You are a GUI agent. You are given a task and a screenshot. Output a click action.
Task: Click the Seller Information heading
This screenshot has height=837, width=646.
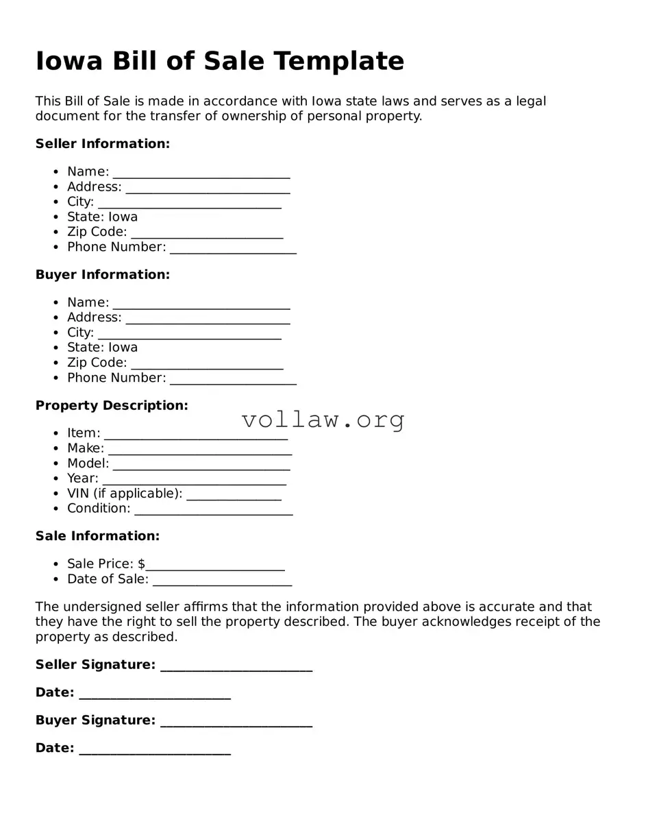point(103,144)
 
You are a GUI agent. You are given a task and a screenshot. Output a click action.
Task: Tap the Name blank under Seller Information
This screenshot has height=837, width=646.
point(201,173)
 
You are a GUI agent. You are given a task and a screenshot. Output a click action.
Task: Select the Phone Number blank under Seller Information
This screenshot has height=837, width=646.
point(233,248)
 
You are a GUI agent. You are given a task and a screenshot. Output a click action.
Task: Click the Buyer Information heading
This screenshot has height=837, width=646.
point(103,275)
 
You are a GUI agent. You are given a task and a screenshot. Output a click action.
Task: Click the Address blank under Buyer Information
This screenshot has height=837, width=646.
point(208,319)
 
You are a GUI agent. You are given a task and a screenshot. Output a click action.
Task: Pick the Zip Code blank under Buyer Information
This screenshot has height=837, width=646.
point(207,364)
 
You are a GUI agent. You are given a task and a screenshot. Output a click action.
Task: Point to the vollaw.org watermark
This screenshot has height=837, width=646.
point(323,419)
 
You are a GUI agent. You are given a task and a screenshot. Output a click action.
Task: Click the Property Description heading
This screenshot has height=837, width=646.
point(112,406)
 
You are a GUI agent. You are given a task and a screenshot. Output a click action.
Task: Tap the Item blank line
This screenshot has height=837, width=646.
point(196,435)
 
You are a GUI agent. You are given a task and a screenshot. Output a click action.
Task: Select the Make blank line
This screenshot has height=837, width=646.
point(200,450)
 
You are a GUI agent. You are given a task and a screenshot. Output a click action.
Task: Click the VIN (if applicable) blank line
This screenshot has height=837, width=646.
point(234,495)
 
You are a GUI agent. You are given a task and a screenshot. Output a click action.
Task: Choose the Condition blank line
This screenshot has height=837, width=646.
point(214,510)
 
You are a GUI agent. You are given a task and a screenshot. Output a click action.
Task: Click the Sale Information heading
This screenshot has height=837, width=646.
point(97,536)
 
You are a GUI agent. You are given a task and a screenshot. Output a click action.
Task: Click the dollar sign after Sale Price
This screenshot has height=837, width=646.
point(141,564)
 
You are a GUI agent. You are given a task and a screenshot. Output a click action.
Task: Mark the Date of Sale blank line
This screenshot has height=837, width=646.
point(223,581)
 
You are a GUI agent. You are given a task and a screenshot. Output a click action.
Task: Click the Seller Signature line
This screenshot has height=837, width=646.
point(236,666)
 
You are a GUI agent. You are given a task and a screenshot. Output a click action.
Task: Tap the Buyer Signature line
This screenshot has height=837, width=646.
point(236,722)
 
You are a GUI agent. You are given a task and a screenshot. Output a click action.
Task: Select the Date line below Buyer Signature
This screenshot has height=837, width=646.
point(155,750)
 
